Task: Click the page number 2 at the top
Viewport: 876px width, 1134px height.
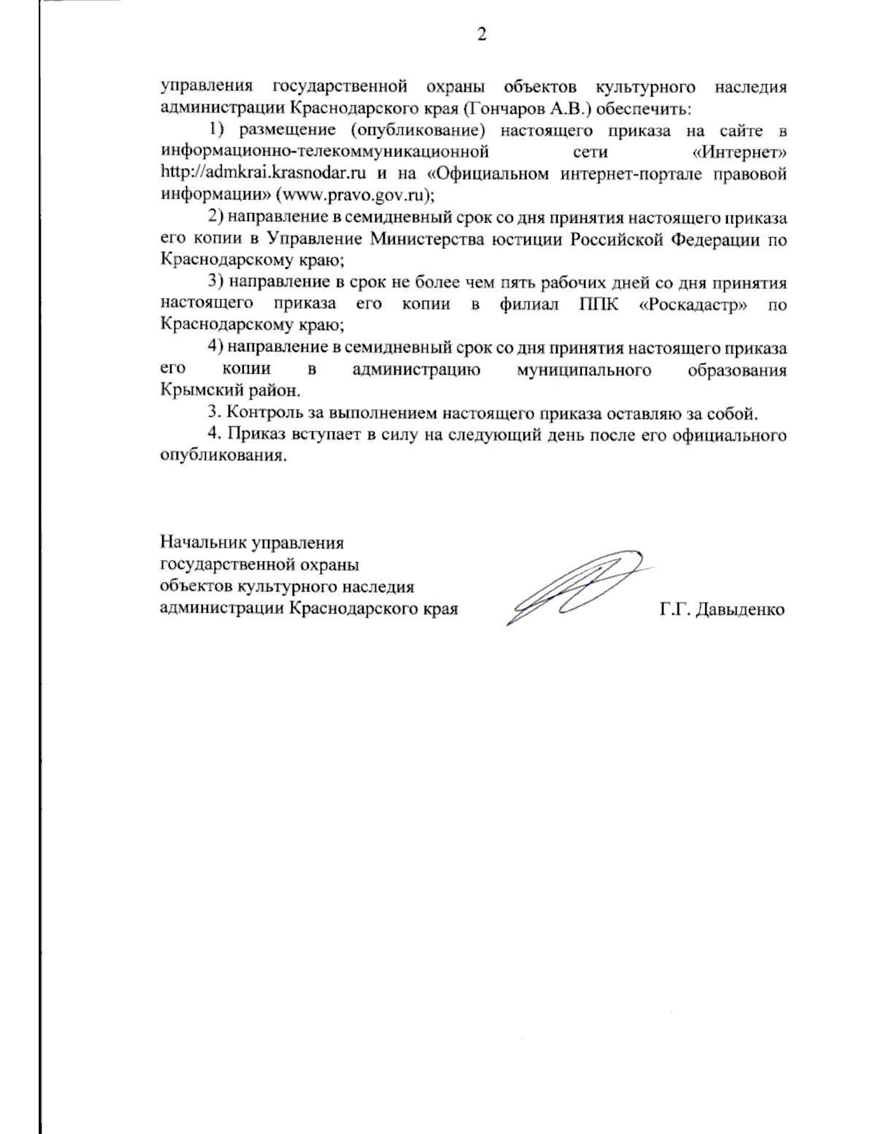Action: [x=481, y=34]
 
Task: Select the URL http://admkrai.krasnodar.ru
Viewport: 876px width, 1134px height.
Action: [x=262, y=175]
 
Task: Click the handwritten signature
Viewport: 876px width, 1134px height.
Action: [x=577, y=588]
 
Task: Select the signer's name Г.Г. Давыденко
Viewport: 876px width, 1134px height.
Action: [x=722, y=609]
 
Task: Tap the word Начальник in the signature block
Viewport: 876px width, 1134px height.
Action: [x=203, y=543]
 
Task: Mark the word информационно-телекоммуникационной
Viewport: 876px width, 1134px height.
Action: [x=323, y=153]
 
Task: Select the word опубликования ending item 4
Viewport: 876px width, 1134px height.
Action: [x=221, y=456]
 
